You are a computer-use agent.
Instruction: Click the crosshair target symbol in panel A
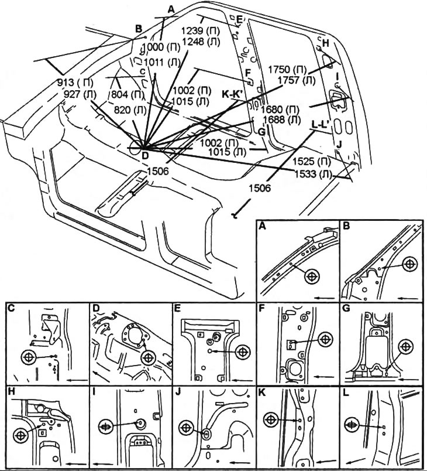tap(312, 276)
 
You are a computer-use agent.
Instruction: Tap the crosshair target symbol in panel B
tap(409, 264)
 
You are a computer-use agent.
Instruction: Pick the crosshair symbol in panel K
tap(271, 419)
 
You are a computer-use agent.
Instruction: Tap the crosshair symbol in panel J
tap(186, 428)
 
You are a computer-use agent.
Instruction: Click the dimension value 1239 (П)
tap(200, 31)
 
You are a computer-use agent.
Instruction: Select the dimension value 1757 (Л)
tap(296, 80)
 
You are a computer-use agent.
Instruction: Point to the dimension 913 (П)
tap(75, 83)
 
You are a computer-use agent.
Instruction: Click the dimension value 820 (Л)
tap(130, 110)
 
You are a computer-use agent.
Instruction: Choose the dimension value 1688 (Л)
tap(281, 120)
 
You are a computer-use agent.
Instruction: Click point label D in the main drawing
tap(145, 155)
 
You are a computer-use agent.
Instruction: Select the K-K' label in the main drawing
tap(233, 94)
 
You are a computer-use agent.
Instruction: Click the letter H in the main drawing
tap(325, 43)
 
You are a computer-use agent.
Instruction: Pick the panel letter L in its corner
tap(346, 392)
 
